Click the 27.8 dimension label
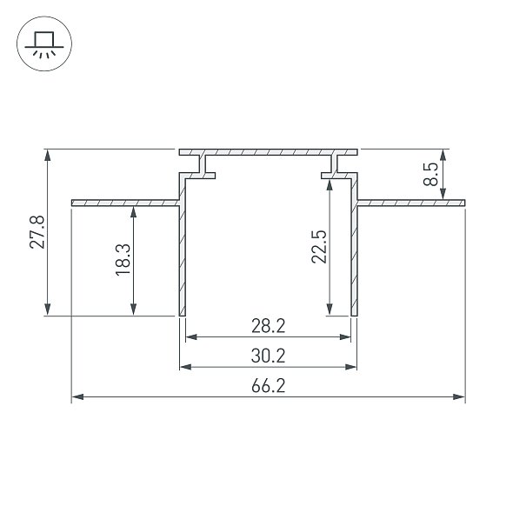(x=37, y=232)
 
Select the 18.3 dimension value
(x=123, y=260)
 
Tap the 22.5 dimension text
(x=319, y=247)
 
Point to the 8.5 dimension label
(x=430, y=174)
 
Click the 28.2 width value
(x=269, y=326)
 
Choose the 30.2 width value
(x=269, y=356)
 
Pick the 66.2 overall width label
(x=269, y=386)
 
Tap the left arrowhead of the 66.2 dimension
(x=78, y=396)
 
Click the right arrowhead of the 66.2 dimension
(x=459, y=396)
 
